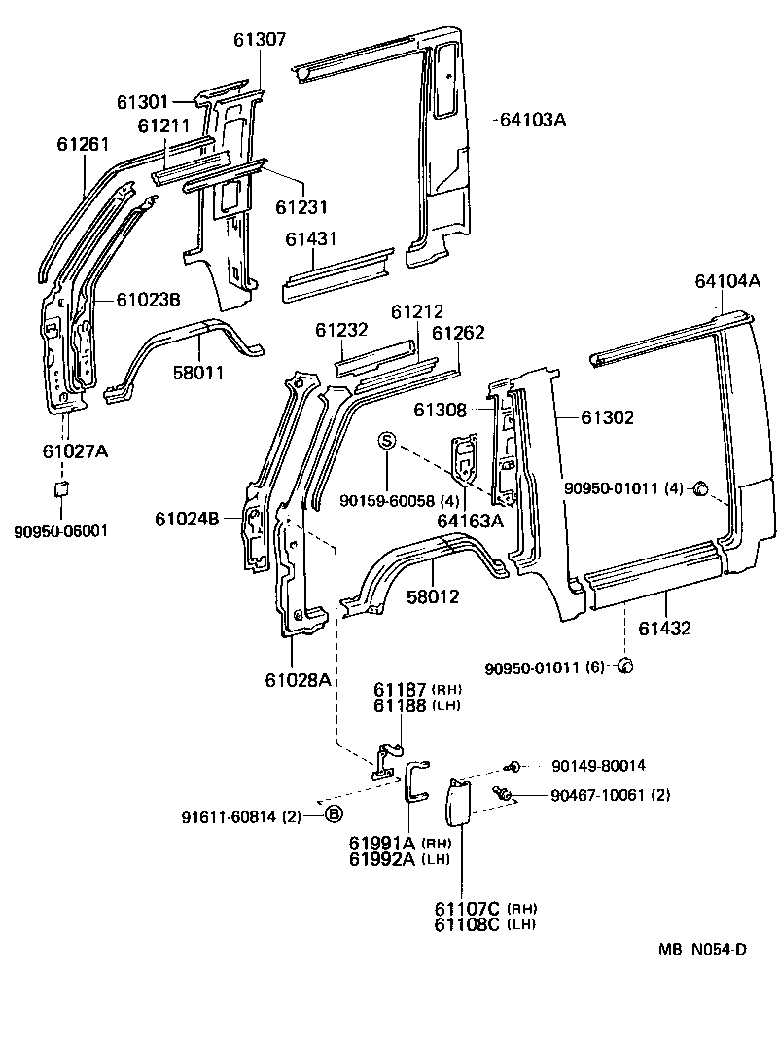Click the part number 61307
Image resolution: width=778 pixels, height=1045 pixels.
(x=260, y=40)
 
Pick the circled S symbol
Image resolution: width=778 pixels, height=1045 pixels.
(x=387, y=442)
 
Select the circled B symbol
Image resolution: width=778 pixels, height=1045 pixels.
(x=333, y=814)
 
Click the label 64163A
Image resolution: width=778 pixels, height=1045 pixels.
(x=470, y=520)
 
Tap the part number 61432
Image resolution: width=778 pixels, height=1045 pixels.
(x=665, y=629)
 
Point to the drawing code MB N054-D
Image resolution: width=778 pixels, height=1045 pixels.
(x=705, y=950)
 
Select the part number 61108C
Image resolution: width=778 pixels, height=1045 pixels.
(x=467, y=923)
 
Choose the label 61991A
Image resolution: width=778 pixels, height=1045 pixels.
(x=382, y=843)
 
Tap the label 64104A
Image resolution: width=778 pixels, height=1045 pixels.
(x=726, y=281)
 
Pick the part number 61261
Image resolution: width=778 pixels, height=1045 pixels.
(x=83, y=145)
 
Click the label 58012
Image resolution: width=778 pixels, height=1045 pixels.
(x=434, y=596)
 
